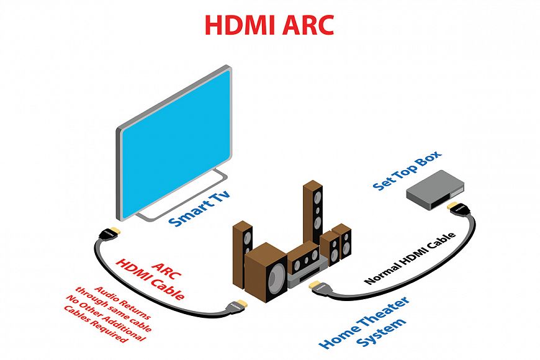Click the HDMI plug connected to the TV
(x=109, y=232)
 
